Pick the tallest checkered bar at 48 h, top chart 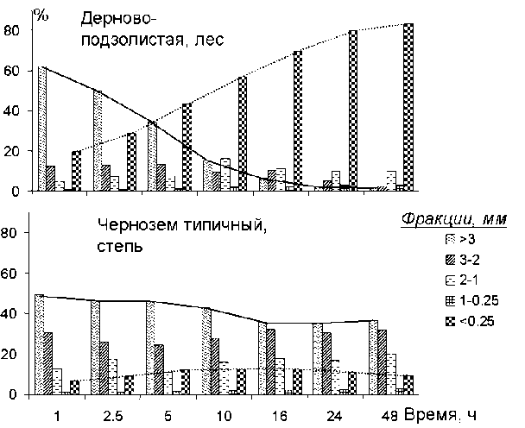(x=408, y=107)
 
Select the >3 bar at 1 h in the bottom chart (x=39, y=344)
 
